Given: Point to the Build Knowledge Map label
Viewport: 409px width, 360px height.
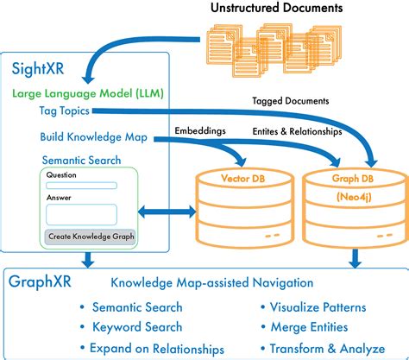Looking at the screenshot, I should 89,136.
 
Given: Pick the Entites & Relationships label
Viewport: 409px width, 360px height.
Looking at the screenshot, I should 297,131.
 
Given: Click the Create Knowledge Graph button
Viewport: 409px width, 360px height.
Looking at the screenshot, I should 89,237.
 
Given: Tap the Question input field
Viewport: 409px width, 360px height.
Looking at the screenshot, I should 81,185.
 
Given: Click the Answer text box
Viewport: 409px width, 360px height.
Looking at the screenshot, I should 81,214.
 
